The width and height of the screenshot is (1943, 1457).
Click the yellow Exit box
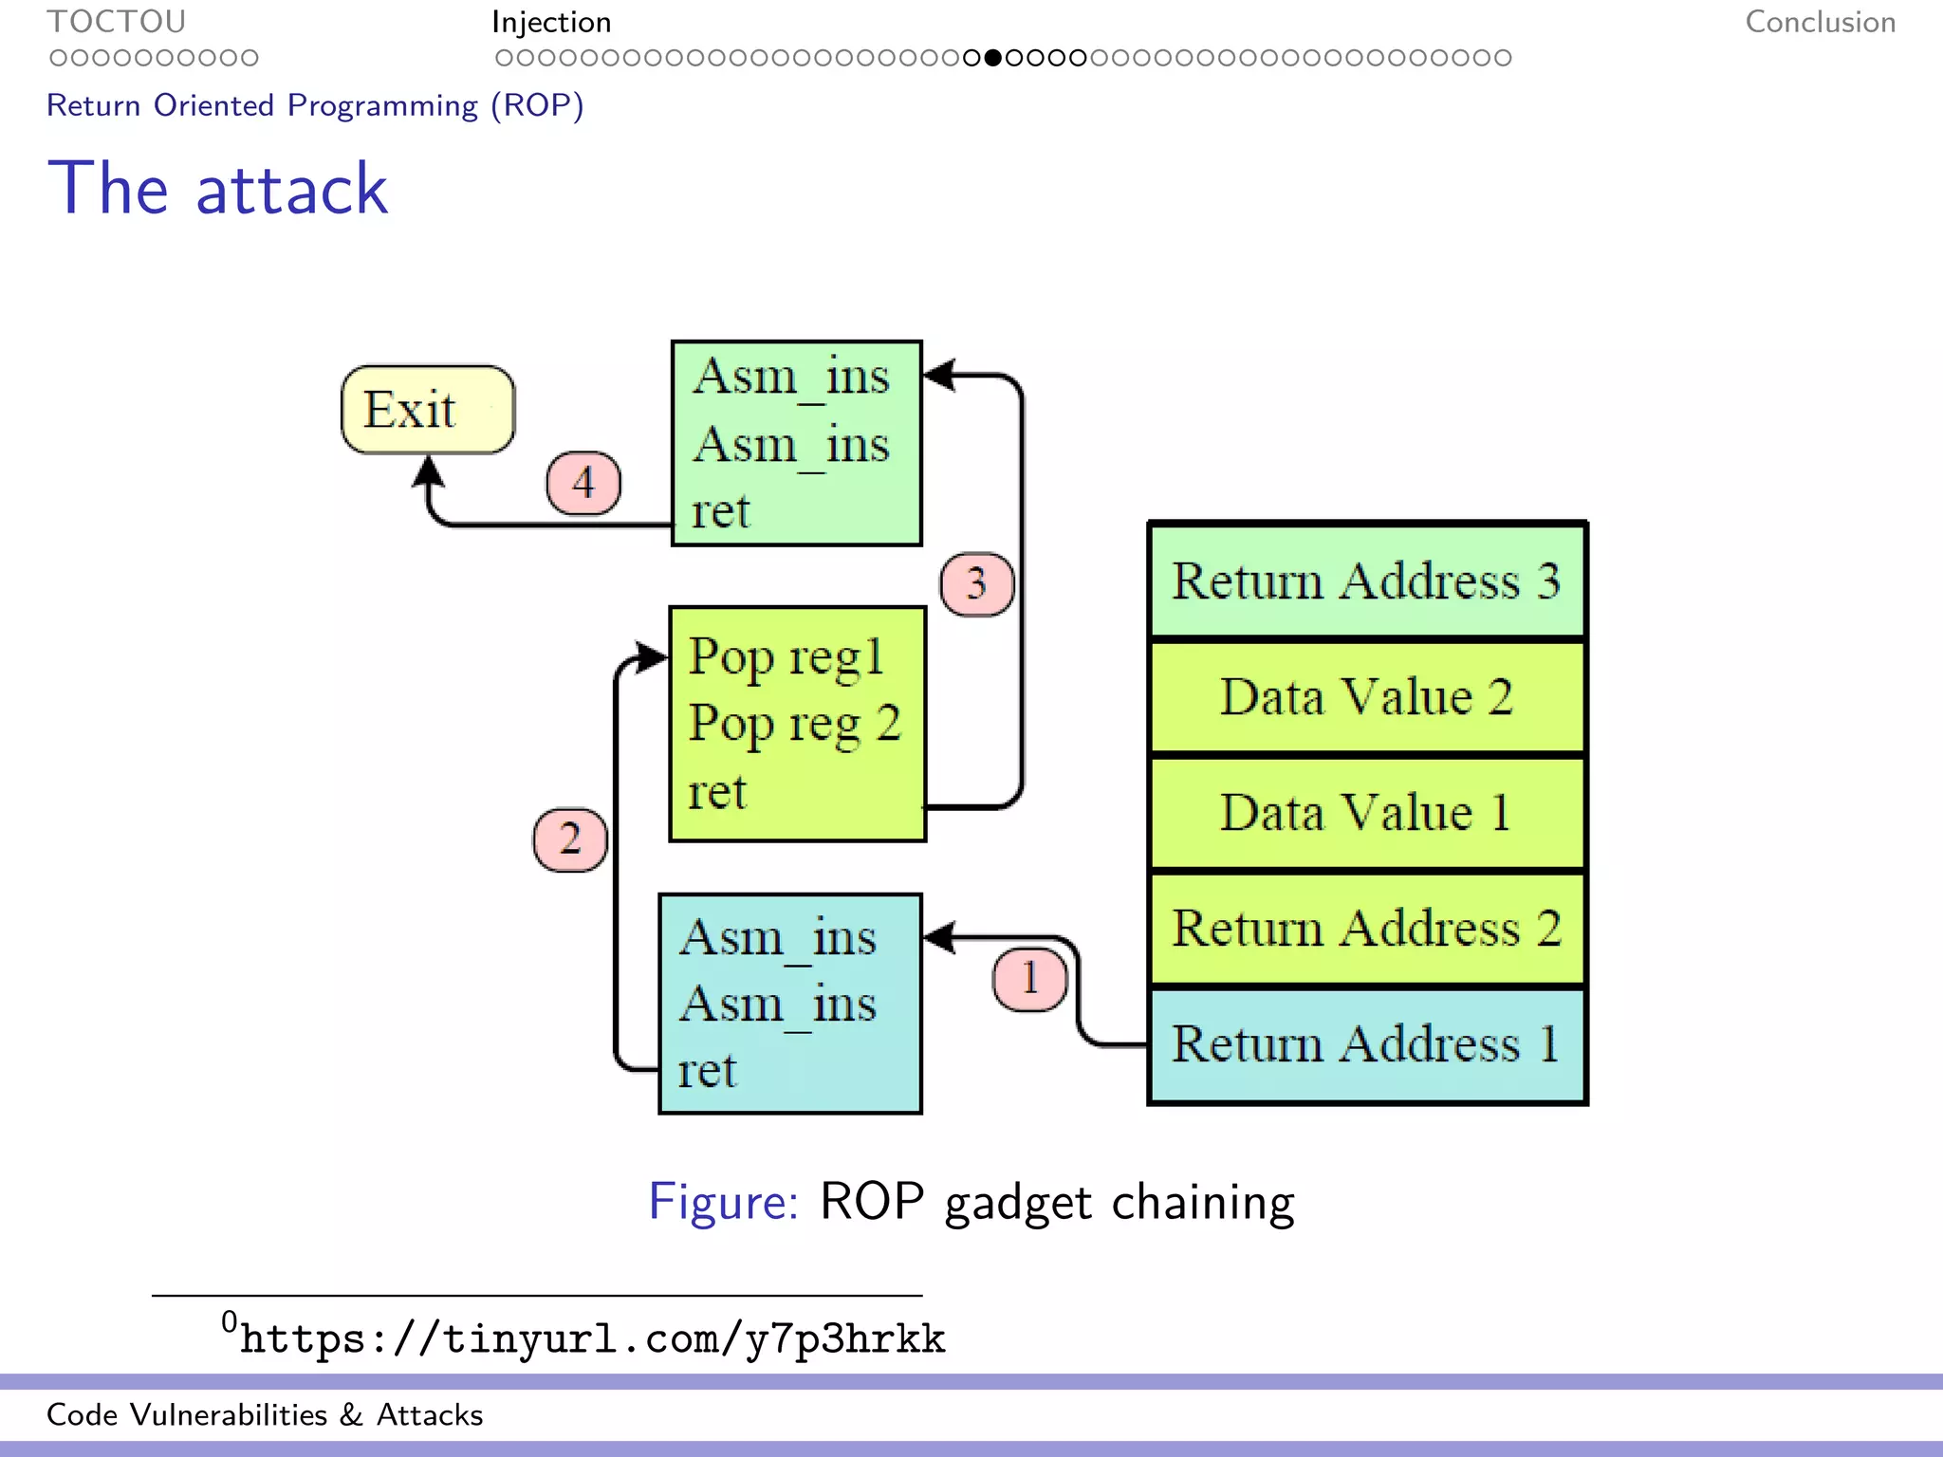click(428, 410)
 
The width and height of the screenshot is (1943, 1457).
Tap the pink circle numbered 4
click(583, 483)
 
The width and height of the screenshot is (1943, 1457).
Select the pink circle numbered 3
click(976, 583)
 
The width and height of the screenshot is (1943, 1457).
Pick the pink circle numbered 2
click(569, 839)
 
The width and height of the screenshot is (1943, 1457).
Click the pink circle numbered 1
click(1029, 978)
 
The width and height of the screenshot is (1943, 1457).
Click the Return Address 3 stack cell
click(1366, 581)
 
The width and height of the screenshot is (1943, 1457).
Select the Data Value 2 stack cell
click(1366, 697)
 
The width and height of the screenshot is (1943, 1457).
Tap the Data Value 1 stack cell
click(1366, 813)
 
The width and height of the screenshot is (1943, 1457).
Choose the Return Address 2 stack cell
click(1366, 929)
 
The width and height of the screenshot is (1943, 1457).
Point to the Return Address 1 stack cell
click(1366, 1044)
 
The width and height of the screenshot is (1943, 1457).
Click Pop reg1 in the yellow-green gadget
click(786, 657)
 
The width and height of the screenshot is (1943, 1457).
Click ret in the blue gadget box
click(707, 1071)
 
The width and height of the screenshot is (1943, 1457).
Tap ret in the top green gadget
click(720, 512)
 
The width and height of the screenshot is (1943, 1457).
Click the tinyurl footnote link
click(592, 1338)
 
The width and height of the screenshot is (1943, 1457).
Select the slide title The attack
click(218, 189)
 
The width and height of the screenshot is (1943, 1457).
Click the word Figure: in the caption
click(724, 1202)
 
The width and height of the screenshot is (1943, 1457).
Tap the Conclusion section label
click(1820, 22)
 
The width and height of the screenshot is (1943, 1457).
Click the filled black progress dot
click(992, 58)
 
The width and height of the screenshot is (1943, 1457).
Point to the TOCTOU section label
click(117, 22)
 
